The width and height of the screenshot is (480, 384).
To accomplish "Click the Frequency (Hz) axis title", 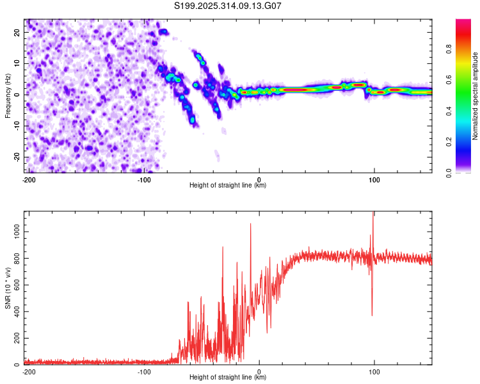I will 8,95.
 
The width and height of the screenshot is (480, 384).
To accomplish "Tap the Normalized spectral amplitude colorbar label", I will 475,96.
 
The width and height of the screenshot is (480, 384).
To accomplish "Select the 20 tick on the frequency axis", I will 17,32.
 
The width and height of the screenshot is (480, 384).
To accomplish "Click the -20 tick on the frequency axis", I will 16,157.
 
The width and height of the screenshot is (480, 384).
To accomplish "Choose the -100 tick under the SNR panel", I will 144,372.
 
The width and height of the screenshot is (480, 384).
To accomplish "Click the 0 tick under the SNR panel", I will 259,372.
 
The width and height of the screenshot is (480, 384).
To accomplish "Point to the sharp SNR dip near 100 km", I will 372,314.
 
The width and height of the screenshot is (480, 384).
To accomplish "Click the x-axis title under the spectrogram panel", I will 228,186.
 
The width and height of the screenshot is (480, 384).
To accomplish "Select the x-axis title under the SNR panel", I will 228,378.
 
